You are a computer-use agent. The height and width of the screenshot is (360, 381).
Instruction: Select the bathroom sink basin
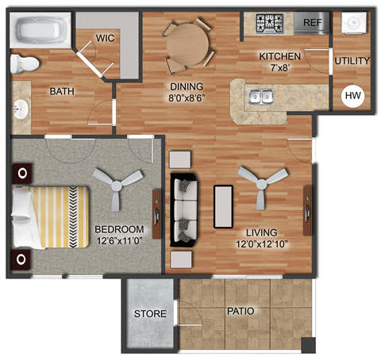20,107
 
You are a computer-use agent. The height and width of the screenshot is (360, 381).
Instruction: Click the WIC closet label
106,37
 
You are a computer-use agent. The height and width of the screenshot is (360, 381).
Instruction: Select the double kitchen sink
260,98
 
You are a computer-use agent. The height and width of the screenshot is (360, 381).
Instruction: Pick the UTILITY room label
352,60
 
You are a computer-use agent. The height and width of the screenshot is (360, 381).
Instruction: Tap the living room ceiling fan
260,182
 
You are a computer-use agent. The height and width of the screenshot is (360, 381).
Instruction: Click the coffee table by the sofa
223,206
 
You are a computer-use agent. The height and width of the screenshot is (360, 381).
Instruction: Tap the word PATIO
240,312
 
